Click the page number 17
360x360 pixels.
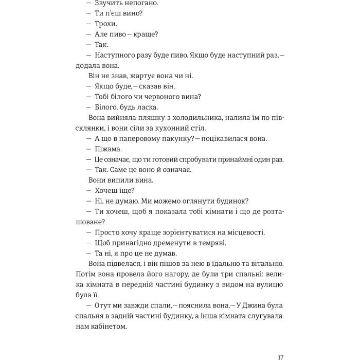[280, 343]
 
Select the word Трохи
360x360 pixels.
[106, 24]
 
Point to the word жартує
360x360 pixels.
[143, 76]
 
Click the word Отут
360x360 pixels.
[104, 305]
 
